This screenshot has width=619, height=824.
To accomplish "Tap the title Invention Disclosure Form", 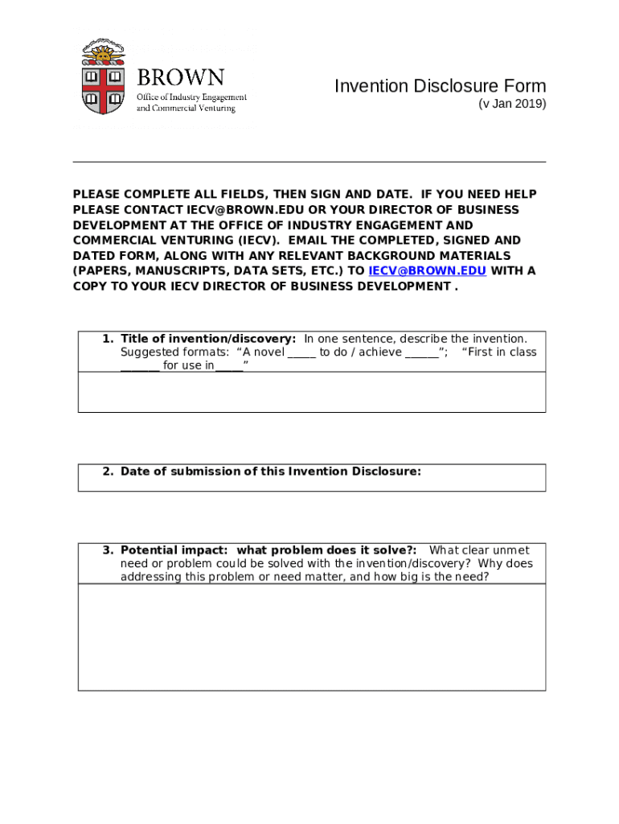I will click(440, 86).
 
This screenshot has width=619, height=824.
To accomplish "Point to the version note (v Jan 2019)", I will click(512, 104).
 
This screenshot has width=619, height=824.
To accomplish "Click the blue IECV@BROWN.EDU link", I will click(427, 271).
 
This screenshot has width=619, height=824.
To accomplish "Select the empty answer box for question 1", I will click(311, 392).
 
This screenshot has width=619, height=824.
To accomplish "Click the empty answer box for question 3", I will click(311, 637).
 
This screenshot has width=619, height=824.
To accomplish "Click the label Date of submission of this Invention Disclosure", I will click(270, 472).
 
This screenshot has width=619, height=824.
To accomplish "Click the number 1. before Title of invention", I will click(108, 339).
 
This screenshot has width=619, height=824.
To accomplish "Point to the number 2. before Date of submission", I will click(108, 472).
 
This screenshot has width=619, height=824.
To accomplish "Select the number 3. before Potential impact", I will click(108, 550).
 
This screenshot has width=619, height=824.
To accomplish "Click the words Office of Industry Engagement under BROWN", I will click(191, 97).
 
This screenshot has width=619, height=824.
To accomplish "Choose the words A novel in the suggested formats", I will click(260, 352).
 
